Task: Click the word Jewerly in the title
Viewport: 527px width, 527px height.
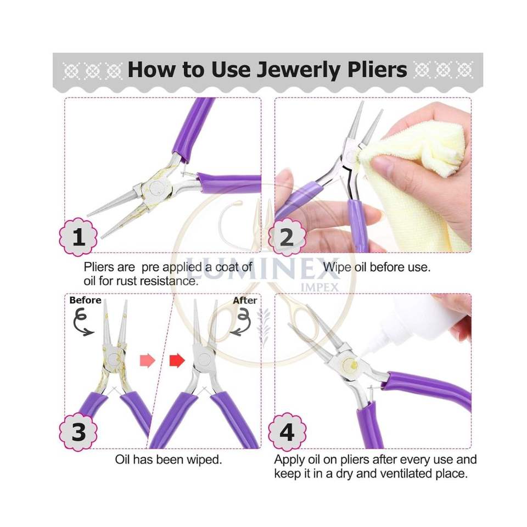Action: pyautogui.click(x=300, y=70)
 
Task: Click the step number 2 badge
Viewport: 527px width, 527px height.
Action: pyautogui.click(x=287, y=238)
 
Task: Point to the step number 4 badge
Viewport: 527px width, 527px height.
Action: pyautogui.click(x=287, y=432)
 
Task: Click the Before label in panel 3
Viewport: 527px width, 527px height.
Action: pyautogui.click(x=85, y=300)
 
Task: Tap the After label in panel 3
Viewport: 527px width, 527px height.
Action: pyautogui.click(x=245, y=300)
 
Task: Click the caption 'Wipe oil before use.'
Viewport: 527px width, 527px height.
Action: pyautogui.click(x=377, y=267)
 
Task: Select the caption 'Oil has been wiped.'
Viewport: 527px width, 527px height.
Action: pyautogui.click(x=169, y=459)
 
